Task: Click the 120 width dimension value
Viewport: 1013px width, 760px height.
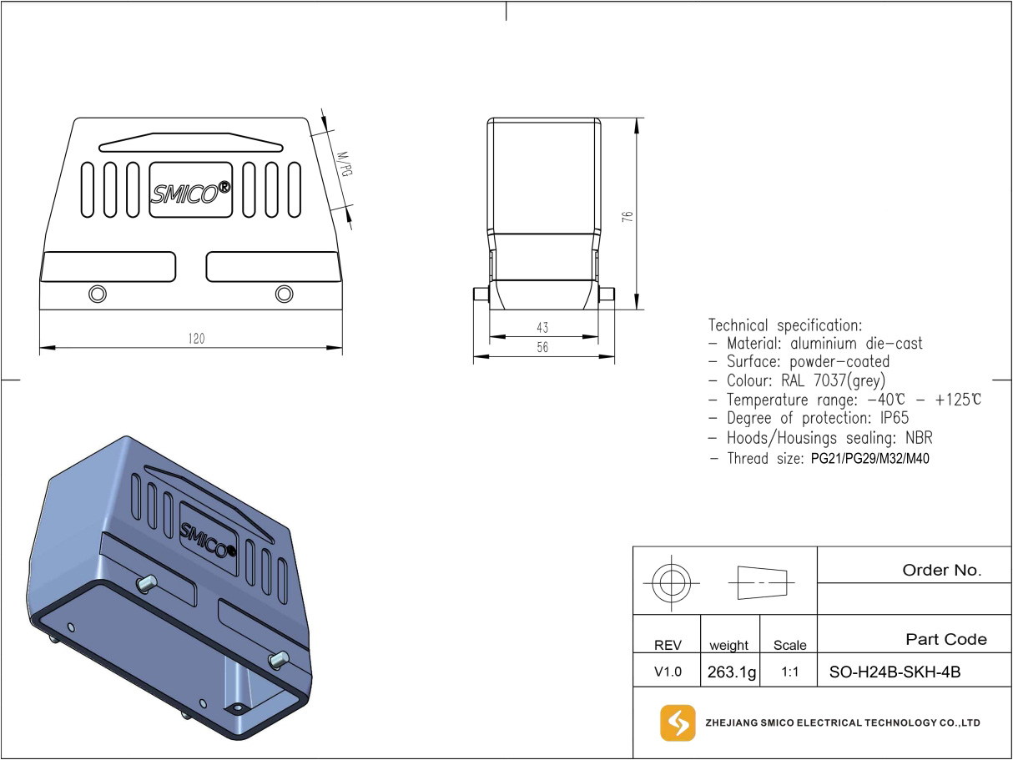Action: click(x=196, y=339)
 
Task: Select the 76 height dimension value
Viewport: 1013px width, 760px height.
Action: click(x=628, y=215)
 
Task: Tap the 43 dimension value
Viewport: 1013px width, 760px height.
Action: click(x=543, y=328)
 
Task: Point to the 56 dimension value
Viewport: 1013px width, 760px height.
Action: click(x=543, y=348)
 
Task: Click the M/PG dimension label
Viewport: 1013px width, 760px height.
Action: click(x=342, y=164)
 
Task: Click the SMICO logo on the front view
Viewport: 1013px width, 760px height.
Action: click(x=190, y=191)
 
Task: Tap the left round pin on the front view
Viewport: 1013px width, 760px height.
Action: click(x=98, y=294)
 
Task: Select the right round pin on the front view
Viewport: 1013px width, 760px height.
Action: click(x=284, y=294)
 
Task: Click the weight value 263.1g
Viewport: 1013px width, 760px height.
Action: click(x=731, y=672)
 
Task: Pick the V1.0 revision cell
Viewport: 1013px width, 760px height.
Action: click(x=668, y=672)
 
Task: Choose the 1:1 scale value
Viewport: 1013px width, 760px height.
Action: click(x=789, y=672)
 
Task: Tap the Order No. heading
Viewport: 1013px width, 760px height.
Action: click(x=942, y=571)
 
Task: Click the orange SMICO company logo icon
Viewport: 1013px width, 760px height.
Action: click(x=677, y=722)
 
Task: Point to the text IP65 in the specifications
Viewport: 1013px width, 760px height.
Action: click(x=891, y=419)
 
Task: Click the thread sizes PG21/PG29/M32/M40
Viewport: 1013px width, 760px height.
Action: click(x=869, y=459)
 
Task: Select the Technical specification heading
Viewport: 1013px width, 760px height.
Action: click(x=785, y=325)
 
